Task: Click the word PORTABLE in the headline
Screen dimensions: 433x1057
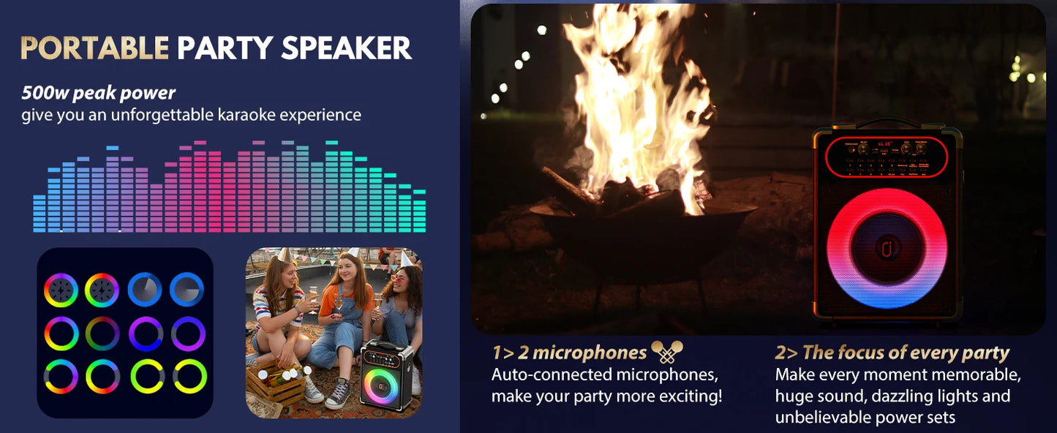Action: click(94, 48)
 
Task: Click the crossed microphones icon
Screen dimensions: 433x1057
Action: click(667, 352)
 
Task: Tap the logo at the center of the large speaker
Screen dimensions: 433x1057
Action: click(887, 247)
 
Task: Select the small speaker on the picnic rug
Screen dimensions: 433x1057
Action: click(385, 374)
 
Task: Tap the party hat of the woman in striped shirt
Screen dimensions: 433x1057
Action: click(283, 254)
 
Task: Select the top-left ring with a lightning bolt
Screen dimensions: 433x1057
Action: click(61, 290)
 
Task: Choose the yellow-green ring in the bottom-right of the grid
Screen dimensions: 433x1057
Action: click(189, 377)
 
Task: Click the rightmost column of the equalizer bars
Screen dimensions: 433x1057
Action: click(419, 211)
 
